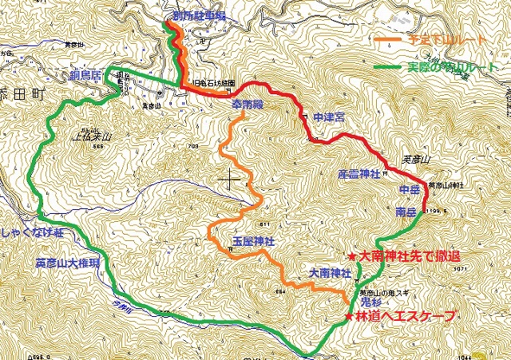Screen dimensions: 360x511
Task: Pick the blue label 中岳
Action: point(409,189)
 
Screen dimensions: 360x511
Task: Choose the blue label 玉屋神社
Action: point(253,240)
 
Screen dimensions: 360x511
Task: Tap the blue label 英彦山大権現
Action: point(67,262)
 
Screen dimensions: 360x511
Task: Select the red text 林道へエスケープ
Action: point(406,317)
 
